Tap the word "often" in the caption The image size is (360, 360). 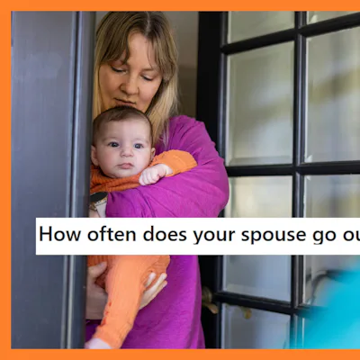click(110, 236)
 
